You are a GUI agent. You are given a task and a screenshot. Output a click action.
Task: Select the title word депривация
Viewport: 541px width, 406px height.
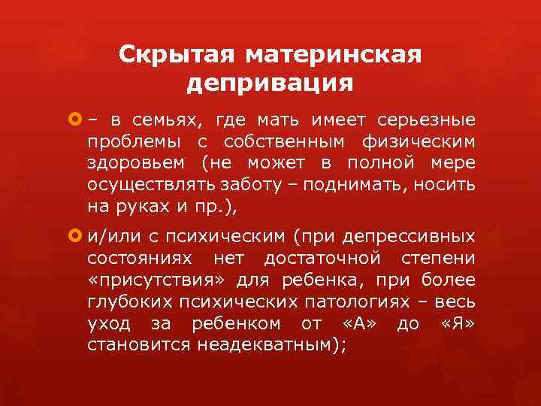pos(270,83)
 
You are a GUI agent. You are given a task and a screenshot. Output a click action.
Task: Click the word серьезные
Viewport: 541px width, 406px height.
pos(437,120)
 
